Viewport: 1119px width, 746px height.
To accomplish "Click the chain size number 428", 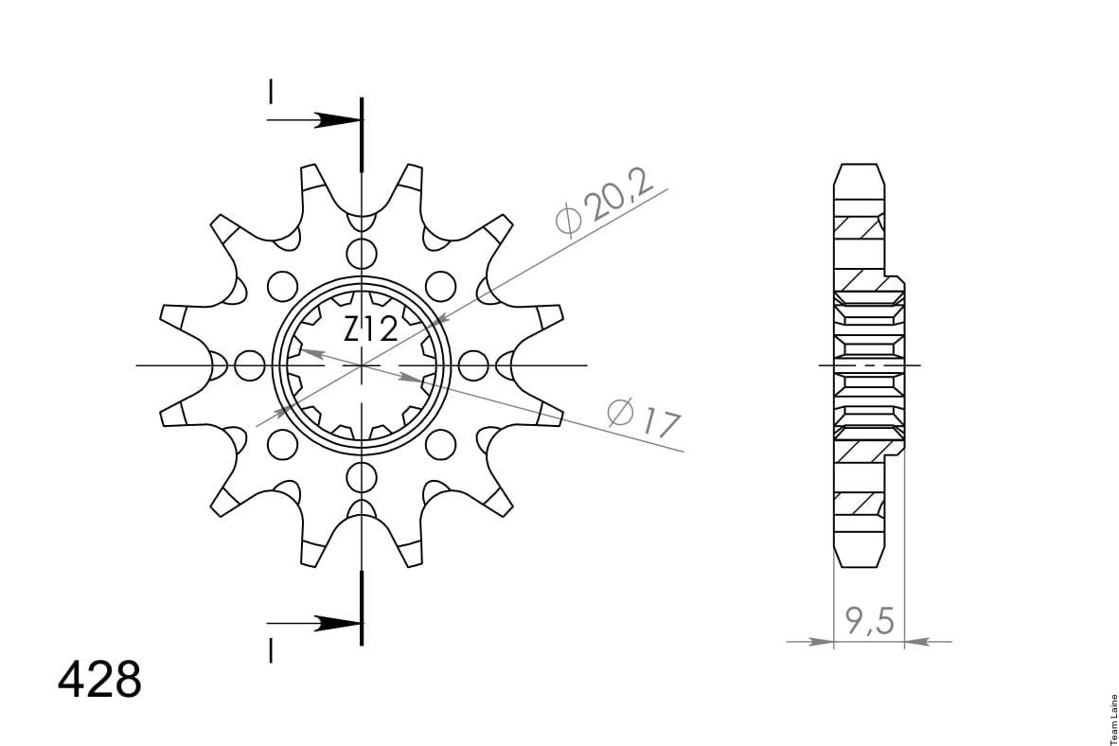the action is tap(99, 680).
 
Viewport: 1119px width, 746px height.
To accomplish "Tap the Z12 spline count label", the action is tap(370, 329).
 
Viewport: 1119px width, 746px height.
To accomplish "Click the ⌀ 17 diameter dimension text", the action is tap(644, 418).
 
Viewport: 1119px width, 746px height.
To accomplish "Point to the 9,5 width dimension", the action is tap(869, 620).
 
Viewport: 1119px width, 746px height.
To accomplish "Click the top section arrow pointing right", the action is tap(314, 120).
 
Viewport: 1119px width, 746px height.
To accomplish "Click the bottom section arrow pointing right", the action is tap(314, 623).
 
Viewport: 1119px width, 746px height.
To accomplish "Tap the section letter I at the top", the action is tap(271, 92).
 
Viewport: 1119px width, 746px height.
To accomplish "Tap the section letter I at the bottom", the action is tap(271, 650).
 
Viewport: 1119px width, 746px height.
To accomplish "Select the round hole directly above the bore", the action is tap(362, 254).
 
